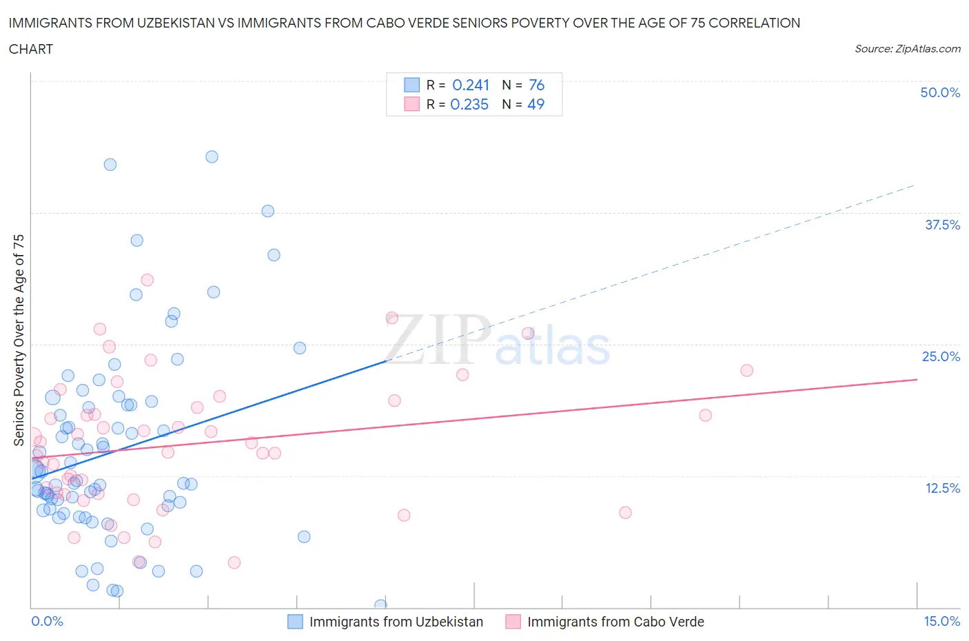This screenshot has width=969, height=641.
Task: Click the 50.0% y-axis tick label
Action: (x=940, y=92)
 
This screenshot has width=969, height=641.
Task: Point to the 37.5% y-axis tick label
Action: (x=942, y=225)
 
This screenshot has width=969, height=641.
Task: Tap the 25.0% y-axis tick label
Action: (x=941, y=356)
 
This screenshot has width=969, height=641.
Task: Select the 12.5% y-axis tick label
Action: (x=942, y=488)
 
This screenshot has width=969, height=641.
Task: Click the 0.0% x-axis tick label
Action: (x=47, y=621)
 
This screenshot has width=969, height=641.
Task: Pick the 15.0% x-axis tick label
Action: (x=941, y=621)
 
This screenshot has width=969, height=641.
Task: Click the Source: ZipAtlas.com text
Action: (x=907, y=49)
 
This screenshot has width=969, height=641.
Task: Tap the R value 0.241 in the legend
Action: (x=471, y=85)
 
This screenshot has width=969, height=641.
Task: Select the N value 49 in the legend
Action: (x=535, y=104)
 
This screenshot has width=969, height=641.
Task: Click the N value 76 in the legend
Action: (x=536, y=85)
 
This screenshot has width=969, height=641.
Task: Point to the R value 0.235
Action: (x=469, y=104)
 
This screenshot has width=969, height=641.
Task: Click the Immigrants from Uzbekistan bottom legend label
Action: (x=396, y=622)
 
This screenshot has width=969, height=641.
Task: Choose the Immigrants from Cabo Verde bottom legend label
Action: (x=615, y=622)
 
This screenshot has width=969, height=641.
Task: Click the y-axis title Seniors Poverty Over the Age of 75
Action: (x=19, y=340)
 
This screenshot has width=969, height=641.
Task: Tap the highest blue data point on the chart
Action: (x=212, y=157)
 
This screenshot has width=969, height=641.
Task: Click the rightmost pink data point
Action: (x=746, y=370)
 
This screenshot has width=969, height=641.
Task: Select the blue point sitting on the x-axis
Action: (x=380, y=605)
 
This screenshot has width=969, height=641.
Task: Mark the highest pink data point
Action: (x=147, y=280)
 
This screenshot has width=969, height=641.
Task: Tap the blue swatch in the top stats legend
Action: (x=411, y=85)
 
